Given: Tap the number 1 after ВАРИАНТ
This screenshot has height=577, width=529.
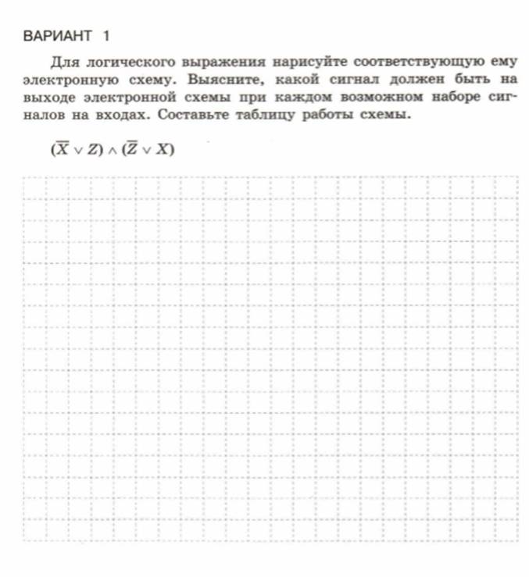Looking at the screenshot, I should [105, 36].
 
